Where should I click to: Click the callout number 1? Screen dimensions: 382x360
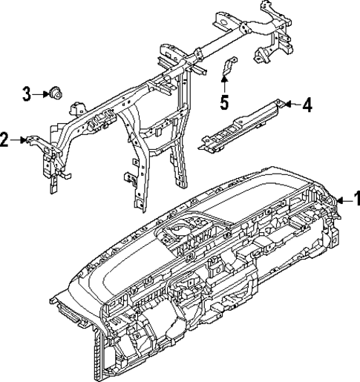tap(355, 198)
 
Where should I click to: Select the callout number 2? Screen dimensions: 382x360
tap(5, 139)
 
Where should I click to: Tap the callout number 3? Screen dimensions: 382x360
tap(27, 93)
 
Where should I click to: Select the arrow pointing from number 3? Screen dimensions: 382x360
tap(40, 93)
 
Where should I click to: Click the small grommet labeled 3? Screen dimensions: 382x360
tap(55, 93)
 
